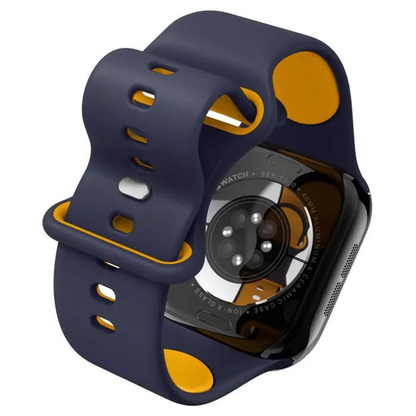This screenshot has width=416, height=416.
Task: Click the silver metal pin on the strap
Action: [x=128, y=188]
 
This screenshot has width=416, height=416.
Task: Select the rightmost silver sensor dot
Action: [x=265, y=245]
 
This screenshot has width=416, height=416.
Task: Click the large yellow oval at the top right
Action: [x=305, y=85]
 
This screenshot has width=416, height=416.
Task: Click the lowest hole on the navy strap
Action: [x=105, y=323]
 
